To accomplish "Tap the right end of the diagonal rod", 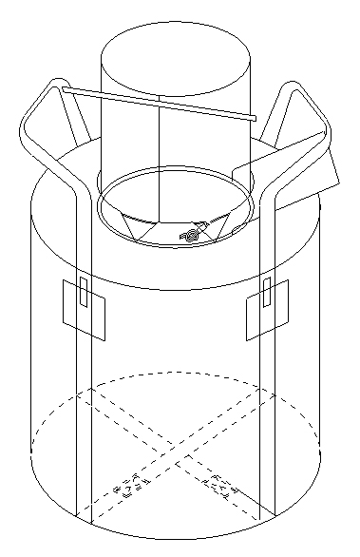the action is (x=254, y=118).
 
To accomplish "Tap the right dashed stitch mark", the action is (x=220, y=486).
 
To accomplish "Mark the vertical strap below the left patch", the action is (x=82, y=428).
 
